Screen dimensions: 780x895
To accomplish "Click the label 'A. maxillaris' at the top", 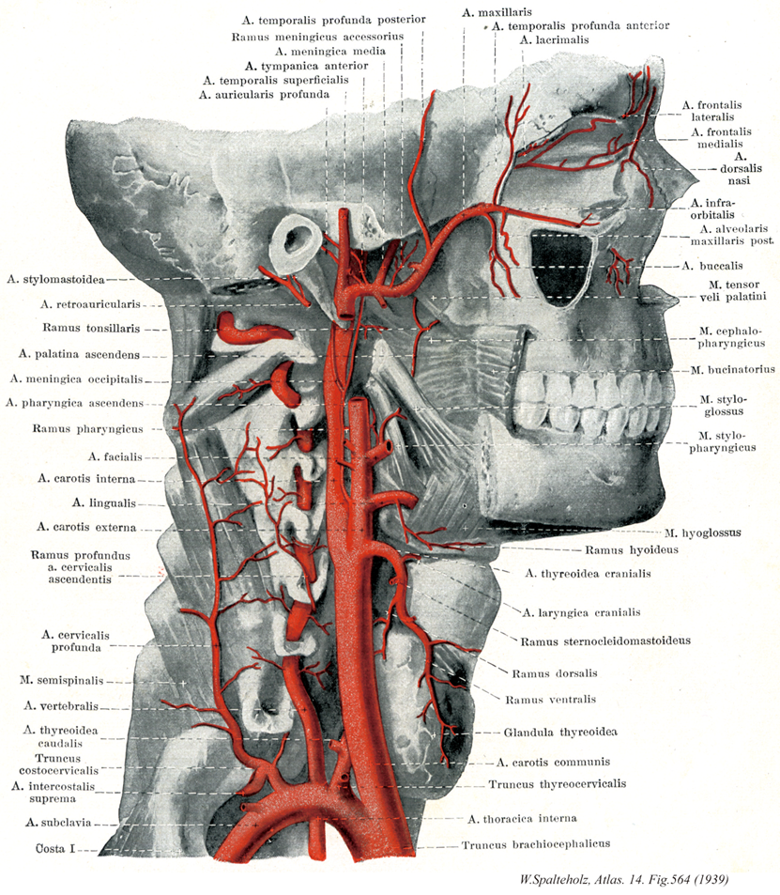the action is click(x=497, y=11).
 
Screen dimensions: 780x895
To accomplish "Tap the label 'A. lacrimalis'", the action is click(x=554, y=40).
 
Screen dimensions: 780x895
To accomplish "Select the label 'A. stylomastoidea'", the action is click(x=56, y=280).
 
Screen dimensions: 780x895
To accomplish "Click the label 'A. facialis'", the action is click(x=115, y=456).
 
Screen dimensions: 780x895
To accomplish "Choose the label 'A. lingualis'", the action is click(x=104, y=503).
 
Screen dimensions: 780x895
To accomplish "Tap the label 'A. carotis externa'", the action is click(x=86, y=527).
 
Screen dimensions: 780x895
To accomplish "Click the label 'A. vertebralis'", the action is click(x=61, y=706).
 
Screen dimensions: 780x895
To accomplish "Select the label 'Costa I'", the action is click(x=55, y=849).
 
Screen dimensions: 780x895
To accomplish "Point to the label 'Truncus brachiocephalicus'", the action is click(x=536, y=844).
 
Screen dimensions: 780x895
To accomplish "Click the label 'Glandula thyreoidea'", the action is click(x=560, y=733).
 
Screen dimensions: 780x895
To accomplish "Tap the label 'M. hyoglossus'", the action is click(x=703, y=532).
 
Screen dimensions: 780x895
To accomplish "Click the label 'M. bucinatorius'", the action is click(x=733, y=370).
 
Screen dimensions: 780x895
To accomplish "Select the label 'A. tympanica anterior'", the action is click(x=306, y=67).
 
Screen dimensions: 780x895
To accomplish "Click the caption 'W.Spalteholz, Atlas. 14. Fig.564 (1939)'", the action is click(x=624, y=880).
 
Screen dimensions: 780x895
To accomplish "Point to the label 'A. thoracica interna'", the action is click(x=522, y=819).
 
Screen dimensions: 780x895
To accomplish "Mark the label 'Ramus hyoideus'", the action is click(x=632, y=550).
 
